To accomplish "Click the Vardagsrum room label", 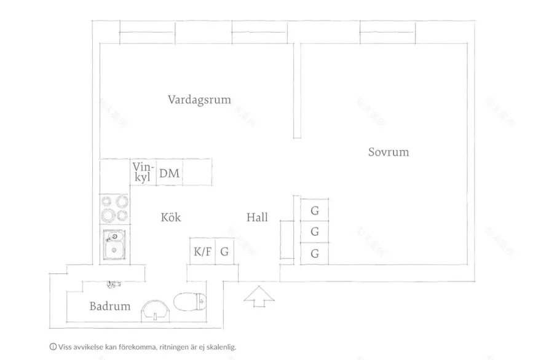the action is (x=199, y=100).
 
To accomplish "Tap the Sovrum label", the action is (x=389, y=152).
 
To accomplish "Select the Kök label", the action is (x=171, y=217).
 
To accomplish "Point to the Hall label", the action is (x=257, y=217).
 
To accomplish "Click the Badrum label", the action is (x=109, y=306).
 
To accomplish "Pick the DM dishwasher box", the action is (x=170, y=173).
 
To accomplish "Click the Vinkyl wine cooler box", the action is (x=143, y=173).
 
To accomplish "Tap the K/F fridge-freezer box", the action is (x=202, y=251).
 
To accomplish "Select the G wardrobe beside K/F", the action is (x=224, y=251).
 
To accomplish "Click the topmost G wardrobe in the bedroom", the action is (x=314, y=210).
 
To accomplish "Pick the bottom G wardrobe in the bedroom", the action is (x=314, y=254).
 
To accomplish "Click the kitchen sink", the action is (x=114, y=245).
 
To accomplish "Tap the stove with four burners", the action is (x=115, y=209).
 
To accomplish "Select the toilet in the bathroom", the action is (x=190, y=302).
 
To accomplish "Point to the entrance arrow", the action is (x=259, y=296).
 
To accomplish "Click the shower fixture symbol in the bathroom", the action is (x=114, y=284).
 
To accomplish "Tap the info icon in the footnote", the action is (x=53, y=347).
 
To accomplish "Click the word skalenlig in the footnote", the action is (x=222, y=347).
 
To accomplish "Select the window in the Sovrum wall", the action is (x=387, y=33).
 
